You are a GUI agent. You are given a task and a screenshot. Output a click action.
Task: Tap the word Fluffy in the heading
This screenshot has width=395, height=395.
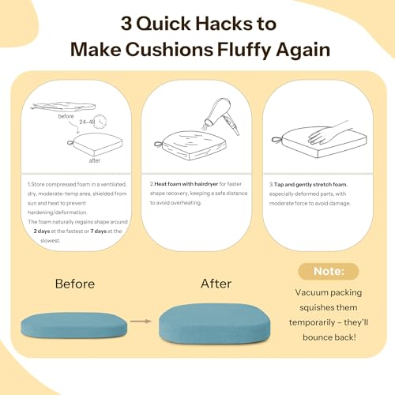click(x=245, y=50)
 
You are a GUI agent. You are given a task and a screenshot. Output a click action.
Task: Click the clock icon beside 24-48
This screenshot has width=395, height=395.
click(x=100, y=122)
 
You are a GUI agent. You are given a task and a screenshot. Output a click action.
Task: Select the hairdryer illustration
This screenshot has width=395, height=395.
click(x=220, y=115)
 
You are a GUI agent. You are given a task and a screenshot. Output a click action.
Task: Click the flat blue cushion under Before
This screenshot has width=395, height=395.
click(x=73, y=325)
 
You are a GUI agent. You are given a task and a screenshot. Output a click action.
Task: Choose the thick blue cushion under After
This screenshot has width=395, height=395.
click(x=215, y=324)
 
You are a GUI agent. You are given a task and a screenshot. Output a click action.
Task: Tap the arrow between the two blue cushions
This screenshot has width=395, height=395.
click(x=141, y=321)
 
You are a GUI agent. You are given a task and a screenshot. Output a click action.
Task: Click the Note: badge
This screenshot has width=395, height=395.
click(x=329, y=272)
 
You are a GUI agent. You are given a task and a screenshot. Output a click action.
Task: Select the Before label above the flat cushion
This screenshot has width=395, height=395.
click(x=75, y=284)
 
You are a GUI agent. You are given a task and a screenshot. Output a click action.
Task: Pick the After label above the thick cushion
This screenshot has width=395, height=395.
click(x=216, y=284)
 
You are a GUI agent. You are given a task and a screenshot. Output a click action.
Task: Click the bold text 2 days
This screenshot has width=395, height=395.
click(x=42, y=231)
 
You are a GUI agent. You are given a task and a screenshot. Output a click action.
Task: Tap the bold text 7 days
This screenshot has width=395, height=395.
click(x=99, y=231)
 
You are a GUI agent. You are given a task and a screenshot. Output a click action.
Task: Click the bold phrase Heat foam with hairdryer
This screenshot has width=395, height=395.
click(x=186, y=184)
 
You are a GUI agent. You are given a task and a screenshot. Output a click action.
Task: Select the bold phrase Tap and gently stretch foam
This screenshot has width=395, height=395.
click(x=310, y=184)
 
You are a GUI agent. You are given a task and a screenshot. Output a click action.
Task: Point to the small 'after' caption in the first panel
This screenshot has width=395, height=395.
click(x=95, y=160)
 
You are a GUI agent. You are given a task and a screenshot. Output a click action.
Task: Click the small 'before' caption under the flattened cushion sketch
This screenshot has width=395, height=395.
click(x=66, y=116)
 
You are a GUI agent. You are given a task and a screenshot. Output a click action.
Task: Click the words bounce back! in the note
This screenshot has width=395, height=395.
click(x=329, y=337)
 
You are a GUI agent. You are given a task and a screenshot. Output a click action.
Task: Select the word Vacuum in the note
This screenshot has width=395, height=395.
click(x=311, y=292)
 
